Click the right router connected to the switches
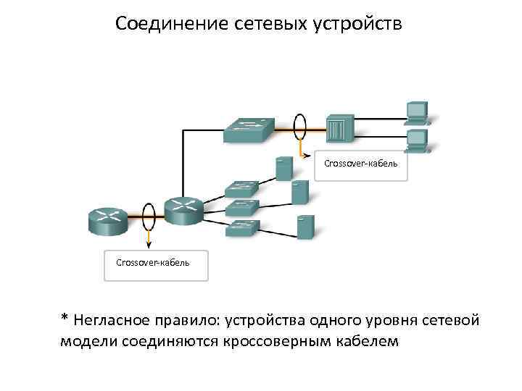click(182, 209)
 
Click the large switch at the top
click(249, 129)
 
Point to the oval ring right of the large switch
click(299, 127)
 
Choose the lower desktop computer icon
click(417, 139)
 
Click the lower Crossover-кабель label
click(153, 262)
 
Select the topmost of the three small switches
click(241, 188)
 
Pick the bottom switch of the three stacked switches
click(241, 229)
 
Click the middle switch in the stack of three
click(241, 208)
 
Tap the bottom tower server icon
click(305, 227)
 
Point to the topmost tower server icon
click(283, 168)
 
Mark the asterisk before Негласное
click(65, 319)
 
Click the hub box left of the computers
click(339, 129)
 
